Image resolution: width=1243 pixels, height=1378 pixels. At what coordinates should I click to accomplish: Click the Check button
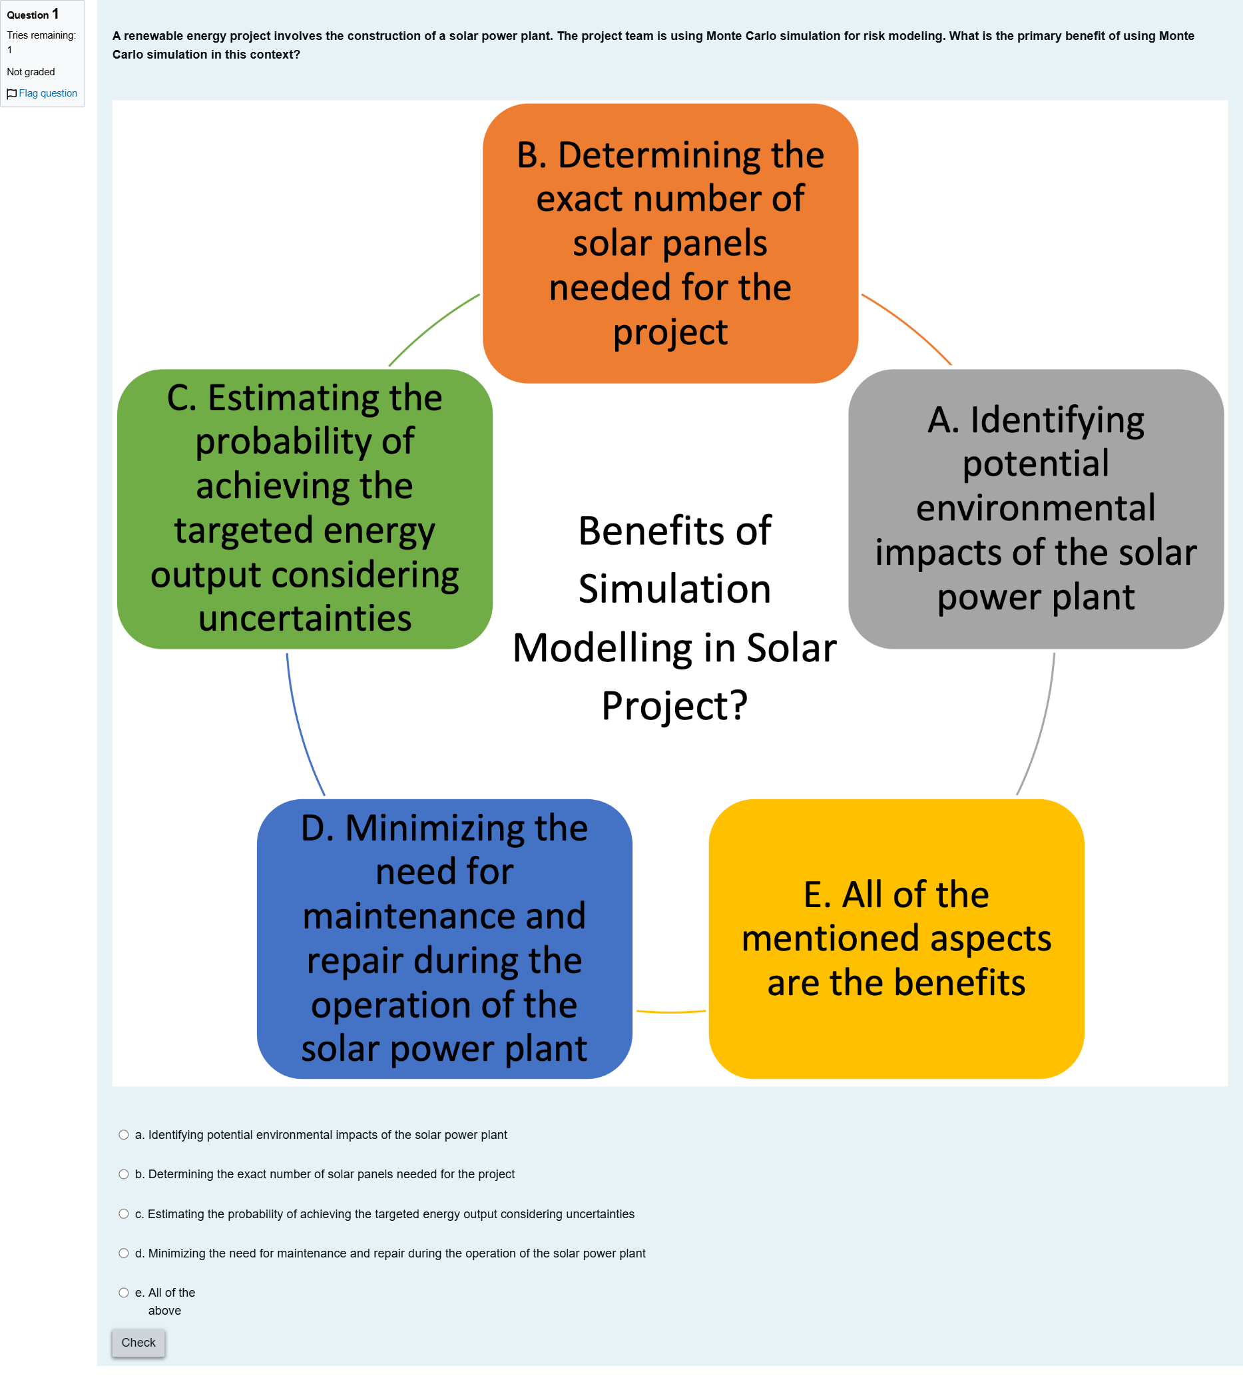tap(138, 1343)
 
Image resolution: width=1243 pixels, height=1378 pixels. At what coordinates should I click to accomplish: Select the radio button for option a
tap(124, 1135)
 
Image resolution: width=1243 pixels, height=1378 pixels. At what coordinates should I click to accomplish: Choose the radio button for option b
tap(124, 1174)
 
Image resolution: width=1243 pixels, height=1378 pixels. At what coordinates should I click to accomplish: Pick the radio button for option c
tap(124, 1214)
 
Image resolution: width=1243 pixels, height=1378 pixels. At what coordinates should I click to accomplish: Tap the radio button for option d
tap(124, 1253)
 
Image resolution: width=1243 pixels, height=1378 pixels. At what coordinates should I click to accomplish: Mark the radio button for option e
tap(124, 1293)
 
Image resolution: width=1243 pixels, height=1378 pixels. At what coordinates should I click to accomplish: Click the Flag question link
tap(43, 94)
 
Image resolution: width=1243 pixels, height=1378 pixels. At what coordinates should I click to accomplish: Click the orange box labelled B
tap(670, 243)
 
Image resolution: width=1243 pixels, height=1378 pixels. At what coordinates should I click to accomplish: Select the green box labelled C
tap(305, 509)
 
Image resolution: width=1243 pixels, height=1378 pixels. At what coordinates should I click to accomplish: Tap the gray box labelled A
tap(1035, 509)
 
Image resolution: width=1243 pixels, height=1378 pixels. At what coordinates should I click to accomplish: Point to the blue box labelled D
tap(445, 938)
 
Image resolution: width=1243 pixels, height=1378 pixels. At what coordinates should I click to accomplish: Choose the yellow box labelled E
tap(896, 938)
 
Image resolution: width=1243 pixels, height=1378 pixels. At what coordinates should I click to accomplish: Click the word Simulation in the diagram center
tap(675, 589)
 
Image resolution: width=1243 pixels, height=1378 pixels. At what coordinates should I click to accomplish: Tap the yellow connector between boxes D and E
tap(670, 1012)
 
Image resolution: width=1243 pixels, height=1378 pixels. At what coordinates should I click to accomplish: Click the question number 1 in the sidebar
tap(55, 14)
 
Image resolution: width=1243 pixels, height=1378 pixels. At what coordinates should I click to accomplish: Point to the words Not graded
tap(31, 72)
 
